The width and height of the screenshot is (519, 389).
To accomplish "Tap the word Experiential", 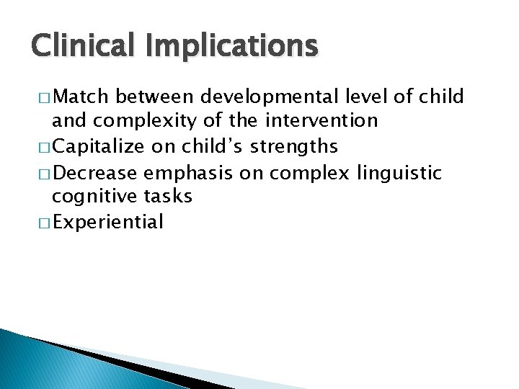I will click(108, 222).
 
